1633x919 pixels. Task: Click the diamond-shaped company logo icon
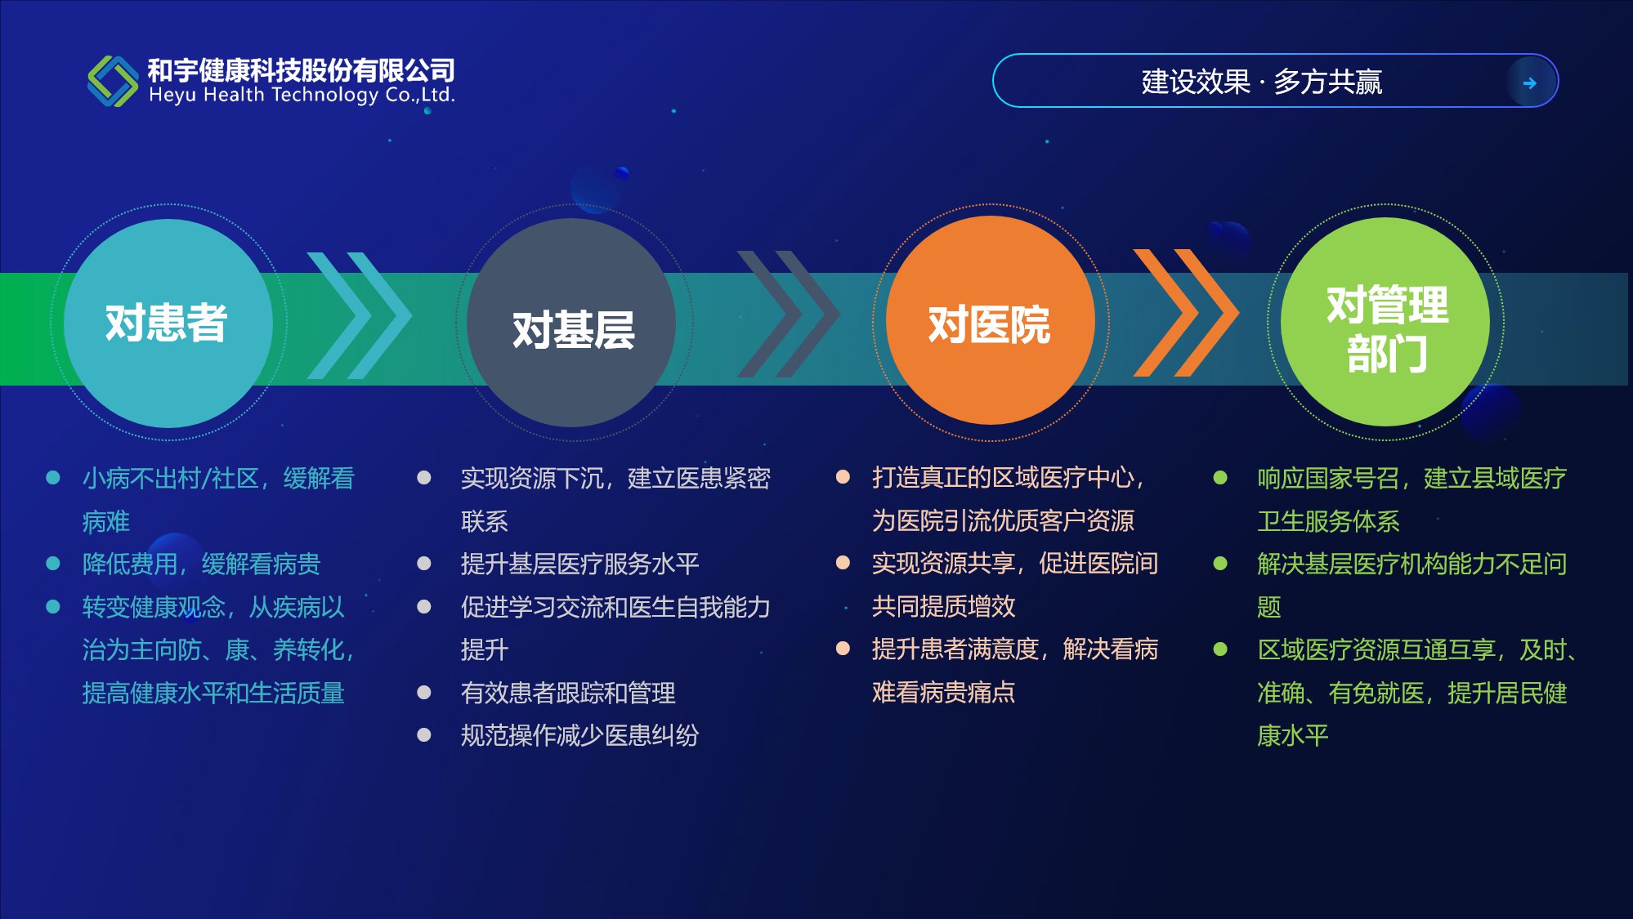[113, 81]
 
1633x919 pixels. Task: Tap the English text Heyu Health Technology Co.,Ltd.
[302, 96]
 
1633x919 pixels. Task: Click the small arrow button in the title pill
[1530, 82]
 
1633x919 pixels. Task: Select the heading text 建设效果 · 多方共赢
[1261, 82]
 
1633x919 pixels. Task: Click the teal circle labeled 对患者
[168, 323]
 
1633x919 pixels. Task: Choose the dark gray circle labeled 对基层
[571, 323]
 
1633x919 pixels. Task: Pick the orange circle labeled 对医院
[991, 320]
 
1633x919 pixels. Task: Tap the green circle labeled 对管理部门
[1385, 322]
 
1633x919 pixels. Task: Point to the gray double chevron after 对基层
[789, 315]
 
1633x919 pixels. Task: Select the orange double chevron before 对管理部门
[1186, 313]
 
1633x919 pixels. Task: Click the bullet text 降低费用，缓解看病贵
[201, 564]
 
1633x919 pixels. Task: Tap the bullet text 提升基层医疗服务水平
[579, 564]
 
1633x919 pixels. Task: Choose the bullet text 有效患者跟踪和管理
[568, 693]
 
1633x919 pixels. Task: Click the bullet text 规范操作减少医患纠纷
[579, 735]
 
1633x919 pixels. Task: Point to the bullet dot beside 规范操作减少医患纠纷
[424, 735]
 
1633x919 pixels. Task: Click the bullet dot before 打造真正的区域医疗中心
[843, 477]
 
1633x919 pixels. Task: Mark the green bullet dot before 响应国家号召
[1220, 478]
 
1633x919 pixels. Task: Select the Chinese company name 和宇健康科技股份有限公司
[302, 70]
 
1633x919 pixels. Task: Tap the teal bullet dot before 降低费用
[53, 564]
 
